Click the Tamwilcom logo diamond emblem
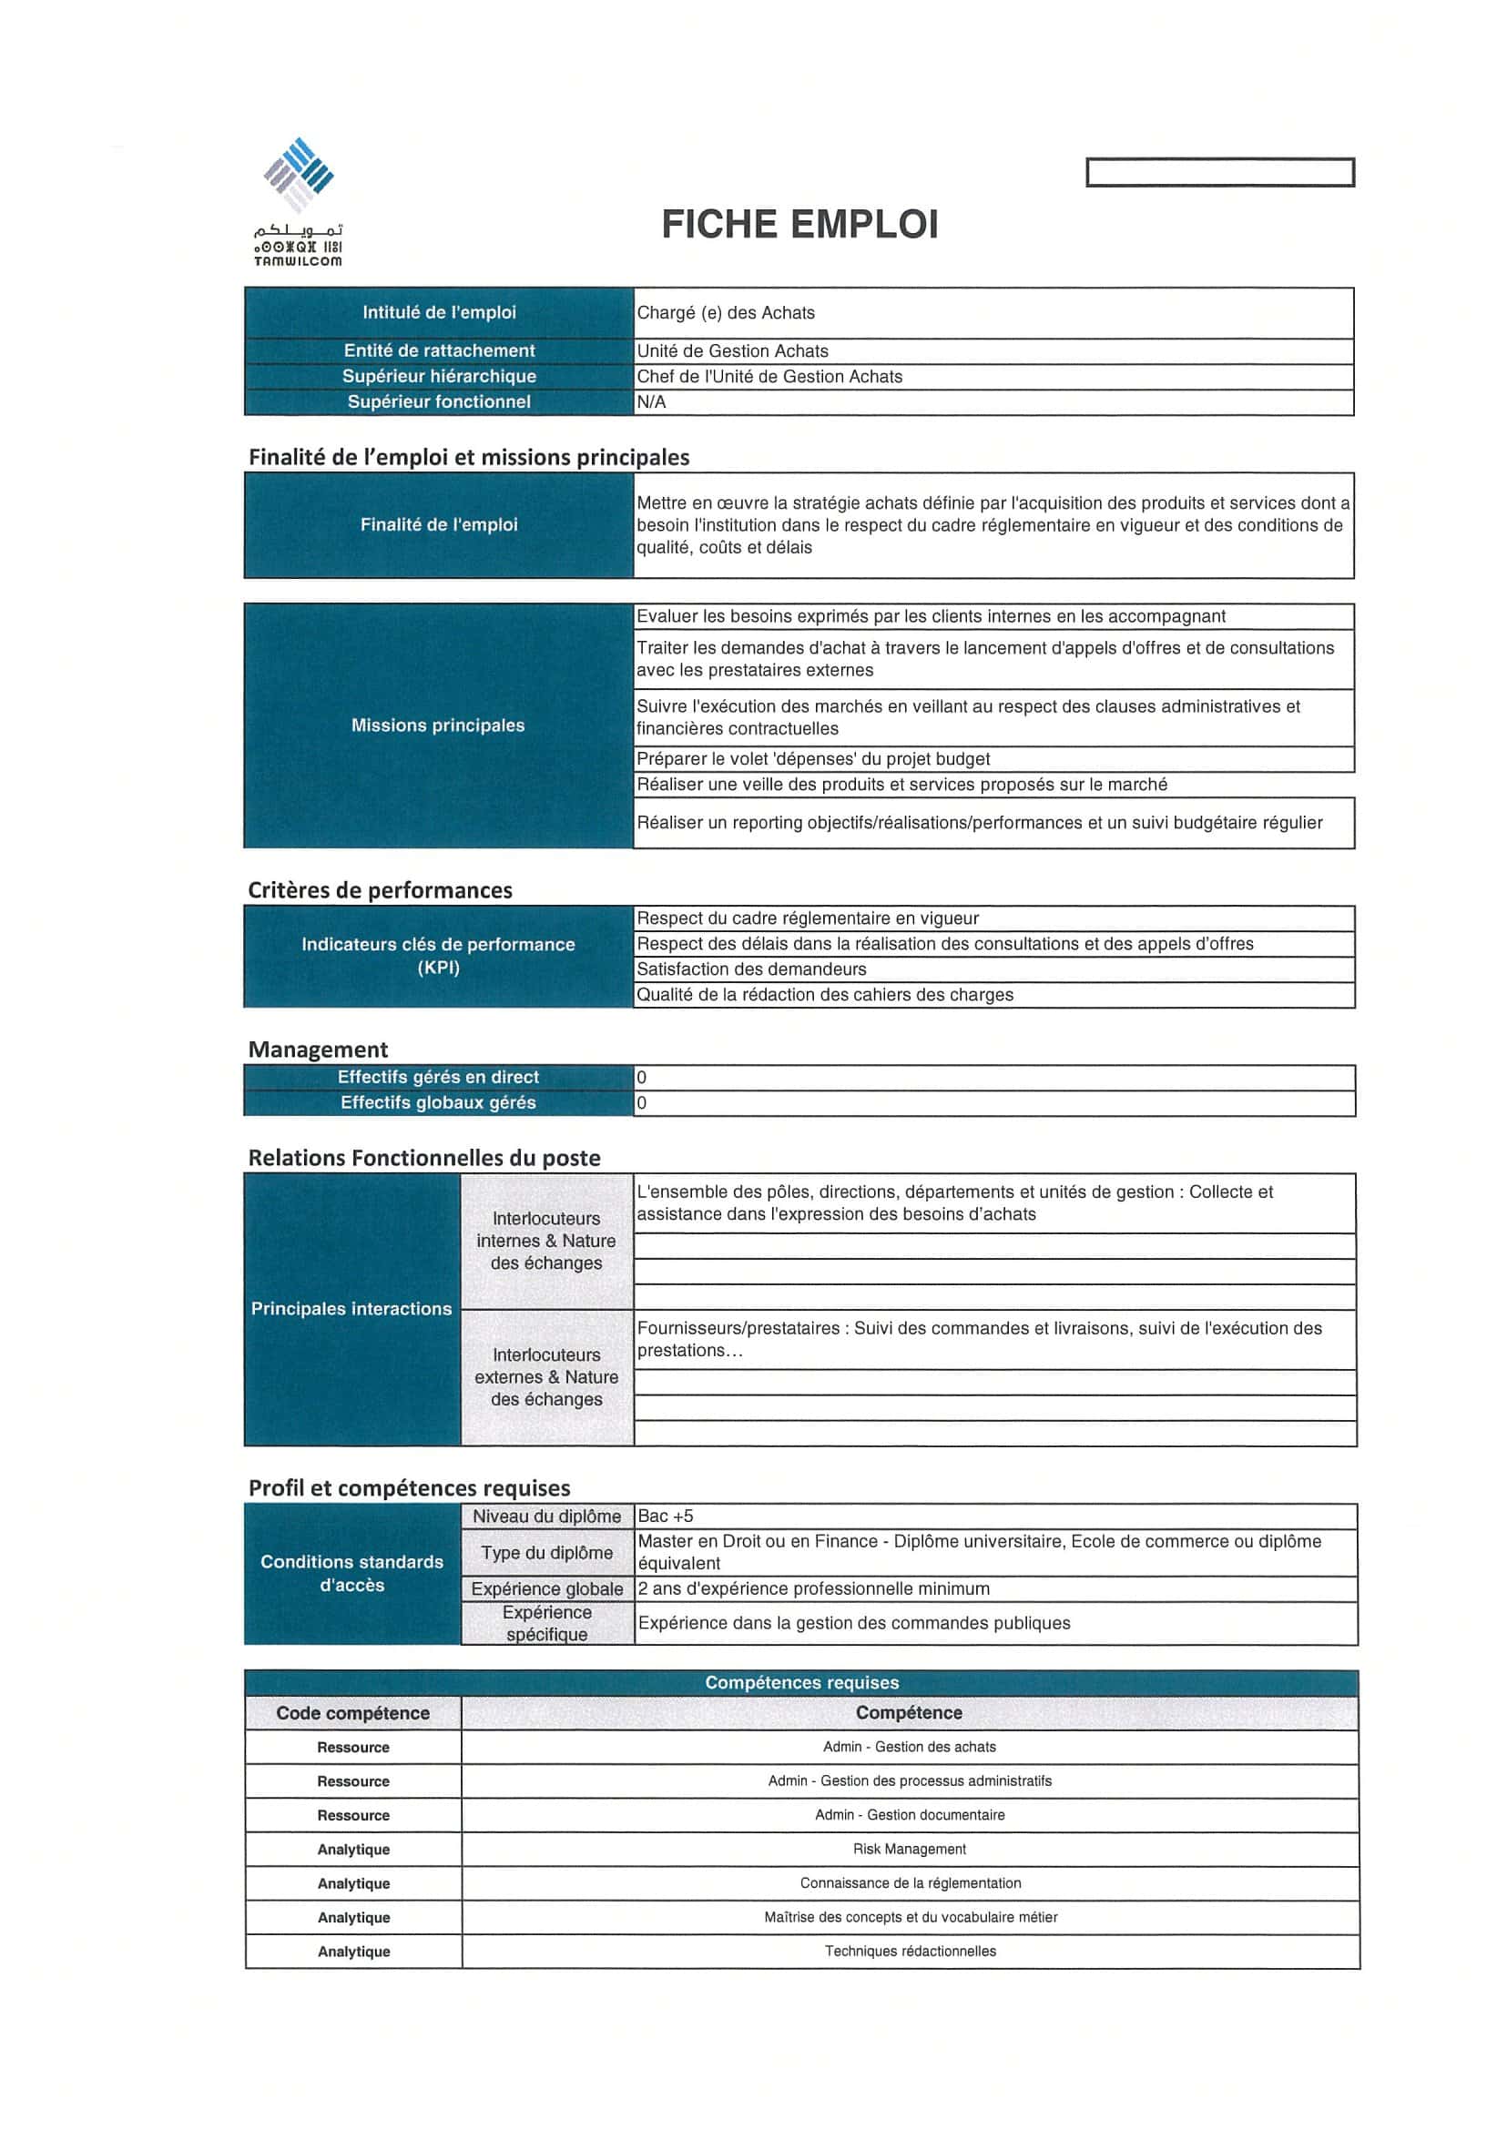(x=298, y=175)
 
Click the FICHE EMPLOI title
(x=799, y=225)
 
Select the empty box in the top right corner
(x=1219, y=173)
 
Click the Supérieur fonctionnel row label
(x=439, y=401)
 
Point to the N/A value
(x=651, y=401)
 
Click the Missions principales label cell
(x=438, y=725)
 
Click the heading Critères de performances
(x=380, y=889)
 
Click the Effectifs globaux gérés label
(x=438, y=1102)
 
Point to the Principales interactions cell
(x=351, y=1308)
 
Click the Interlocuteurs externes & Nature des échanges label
(x=546, y=1376)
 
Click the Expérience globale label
(x=546, y=1588)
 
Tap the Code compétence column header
(x=352, y=1712)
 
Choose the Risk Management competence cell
(x=910, y=1849)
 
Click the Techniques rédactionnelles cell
(x=910, y=1951)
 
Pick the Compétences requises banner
(x=801, y=1682)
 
